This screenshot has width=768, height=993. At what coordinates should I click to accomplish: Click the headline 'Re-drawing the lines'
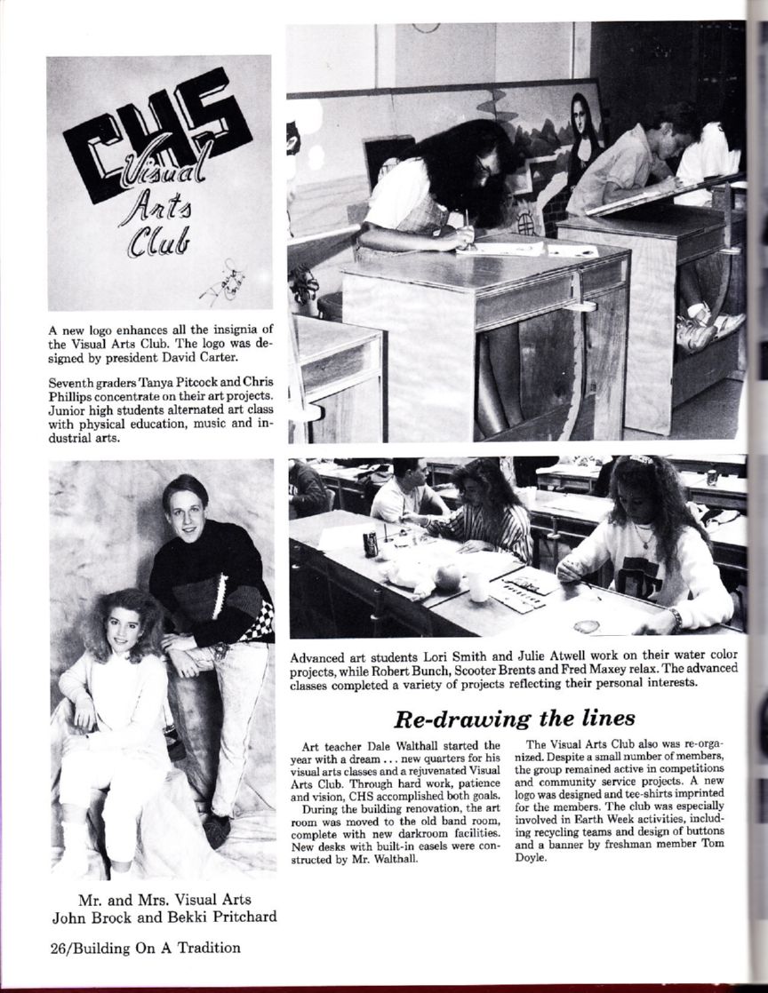point(515,718)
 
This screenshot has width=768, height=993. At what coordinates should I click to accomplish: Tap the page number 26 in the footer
point(59,948)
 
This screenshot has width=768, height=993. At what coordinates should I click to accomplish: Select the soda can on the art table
point(371,543)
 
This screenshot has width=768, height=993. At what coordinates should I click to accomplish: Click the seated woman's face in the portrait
point(123,628)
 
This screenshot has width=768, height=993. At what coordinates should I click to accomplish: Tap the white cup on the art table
point(479,586)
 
